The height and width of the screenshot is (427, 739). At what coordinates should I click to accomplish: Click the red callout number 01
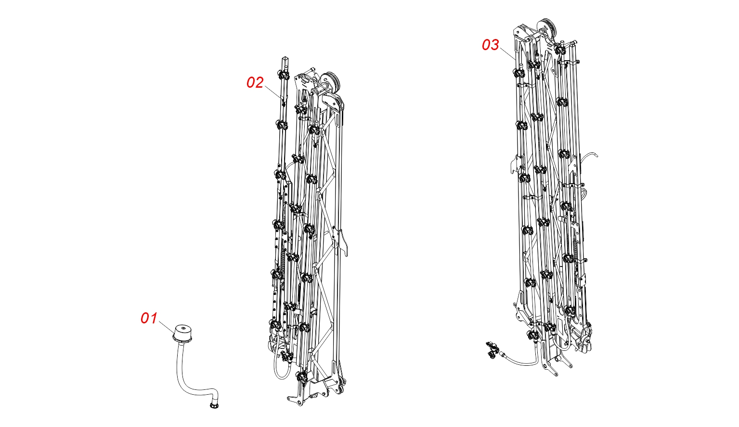coord(149,319)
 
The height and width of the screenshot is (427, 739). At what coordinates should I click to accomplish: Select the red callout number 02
coord(255,82)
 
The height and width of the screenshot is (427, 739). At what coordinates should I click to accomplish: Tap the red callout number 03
coord(491,45)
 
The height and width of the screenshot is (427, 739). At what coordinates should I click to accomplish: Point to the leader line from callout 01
coord(166,327)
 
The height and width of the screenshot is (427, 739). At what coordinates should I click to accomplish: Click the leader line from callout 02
coord(272,92)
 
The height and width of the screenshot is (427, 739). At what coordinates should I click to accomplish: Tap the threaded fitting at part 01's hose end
coord(214,404)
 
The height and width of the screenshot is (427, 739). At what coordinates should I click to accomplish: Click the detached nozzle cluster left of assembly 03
coord(491,350)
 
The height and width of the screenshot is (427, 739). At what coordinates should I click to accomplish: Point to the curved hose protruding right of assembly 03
coord(589,156)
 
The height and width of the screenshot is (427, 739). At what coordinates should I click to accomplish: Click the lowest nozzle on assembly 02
coord(301,376)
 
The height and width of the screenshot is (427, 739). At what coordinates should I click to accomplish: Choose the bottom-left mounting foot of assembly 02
coord(298,399)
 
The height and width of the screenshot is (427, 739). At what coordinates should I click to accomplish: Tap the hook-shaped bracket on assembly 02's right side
coord(343,243)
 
